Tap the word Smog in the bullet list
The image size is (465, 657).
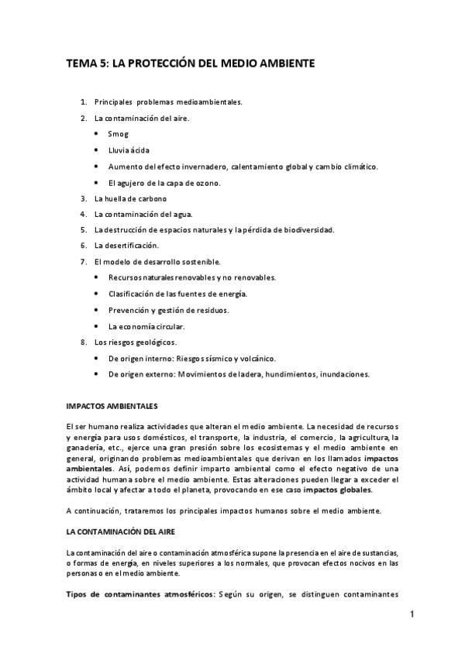coord(118,134)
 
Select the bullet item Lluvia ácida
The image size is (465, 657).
coord(129,150)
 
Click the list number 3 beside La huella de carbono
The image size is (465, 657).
coord(84,198)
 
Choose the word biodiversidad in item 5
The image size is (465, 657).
coord(306,230)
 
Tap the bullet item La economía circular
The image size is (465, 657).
coord(146,326)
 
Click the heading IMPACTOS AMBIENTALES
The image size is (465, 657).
coord(112,405)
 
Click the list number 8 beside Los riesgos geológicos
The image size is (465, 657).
coord(84,342)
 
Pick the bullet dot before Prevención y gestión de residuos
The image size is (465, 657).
coord(95,310)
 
